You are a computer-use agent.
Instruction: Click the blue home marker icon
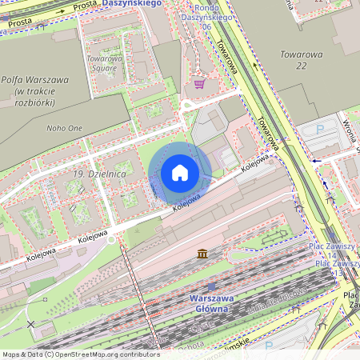pos(180,173)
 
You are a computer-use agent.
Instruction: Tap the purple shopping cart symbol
pos(198,83)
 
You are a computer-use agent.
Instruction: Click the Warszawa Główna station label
pos(212,304)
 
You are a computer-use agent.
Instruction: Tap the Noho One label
pos(65,127)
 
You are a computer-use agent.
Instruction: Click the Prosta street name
pos(83,7)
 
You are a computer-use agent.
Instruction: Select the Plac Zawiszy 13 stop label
pos(336,268)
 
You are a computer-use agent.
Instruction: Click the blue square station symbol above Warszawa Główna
pos(212,286)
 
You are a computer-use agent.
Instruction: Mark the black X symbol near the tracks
pos(31,324)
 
